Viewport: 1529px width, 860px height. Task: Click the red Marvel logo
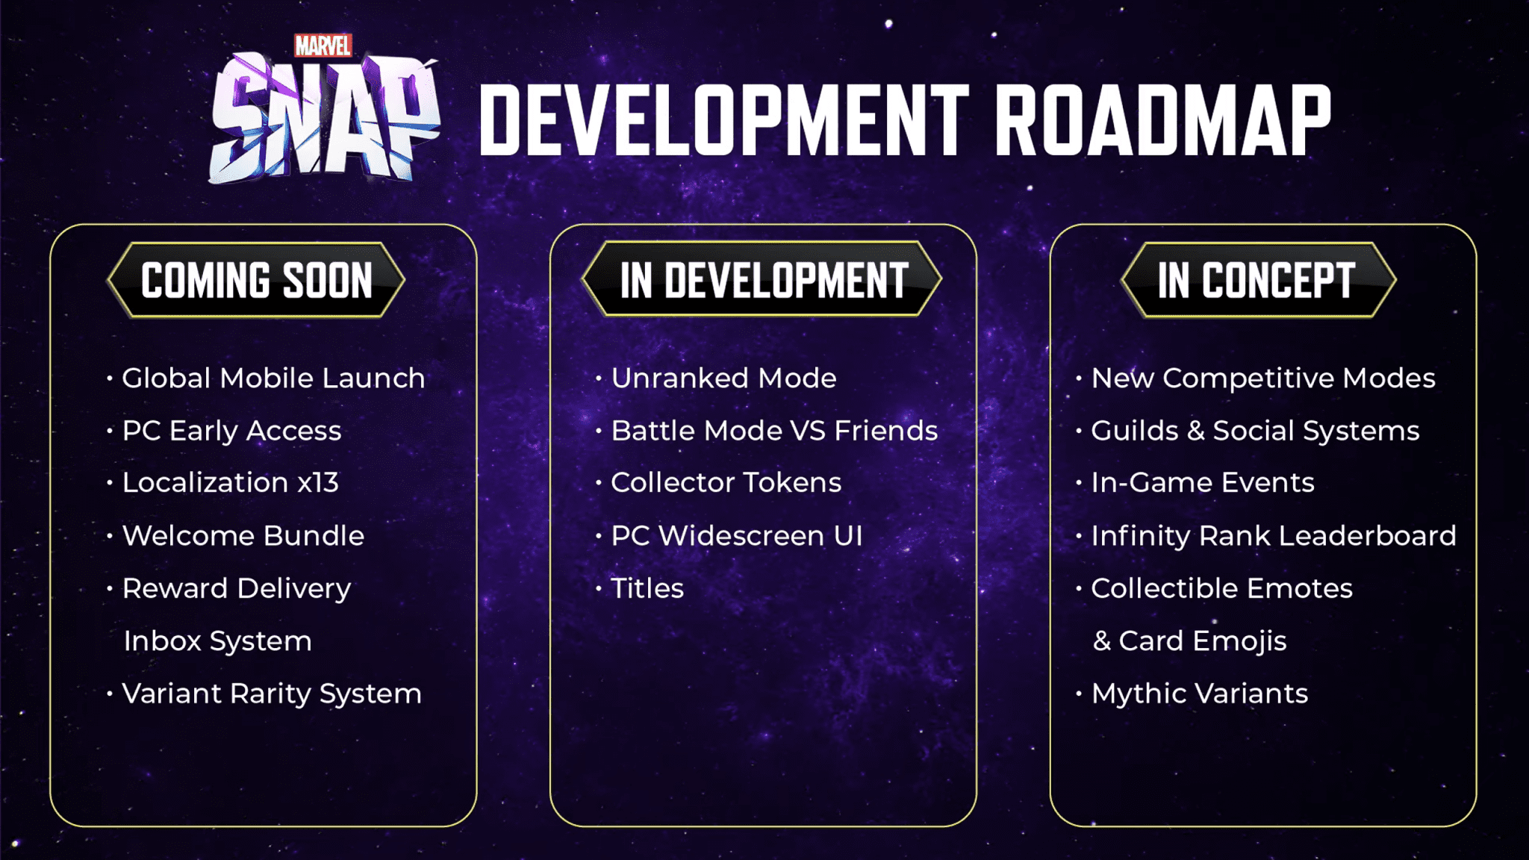(323, 46)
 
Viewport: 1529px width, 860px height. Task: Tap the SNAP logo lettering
(324, 119)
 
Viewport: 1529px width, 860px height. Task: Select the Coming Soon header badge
(256, 280)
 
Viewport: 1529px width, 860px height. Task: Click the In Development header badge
(762, 279)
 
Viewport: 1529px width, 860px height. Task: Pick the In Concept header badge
(1258, 280)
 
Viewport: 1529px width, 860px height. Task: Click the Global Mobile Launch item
(273, 378)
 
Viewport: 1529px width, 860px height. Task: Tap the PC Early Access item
(231, 431)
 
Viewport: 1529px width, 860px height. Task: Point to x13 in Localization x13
(318, 483)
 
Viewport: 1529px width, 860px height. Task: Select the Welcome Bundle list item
(243, 536)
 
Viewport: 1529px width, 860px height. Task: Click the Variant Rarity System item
(272, 694)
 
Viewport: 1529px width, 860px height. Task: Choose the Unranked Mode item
(723, 378)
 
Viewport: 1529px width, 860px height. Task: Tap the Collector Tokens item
(726, 483)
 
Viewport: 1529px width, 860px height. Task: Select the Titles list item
(647, 588)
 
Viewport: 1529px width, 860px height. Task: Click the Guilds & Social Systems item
(1255, 431)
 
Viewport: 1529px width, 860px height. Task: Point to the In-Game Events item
(1203, 483)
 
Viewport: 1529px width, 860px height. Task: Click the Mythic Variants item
(1200, 694)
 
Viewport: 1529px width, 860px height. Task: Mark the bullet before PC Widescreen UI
(599, 536)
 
